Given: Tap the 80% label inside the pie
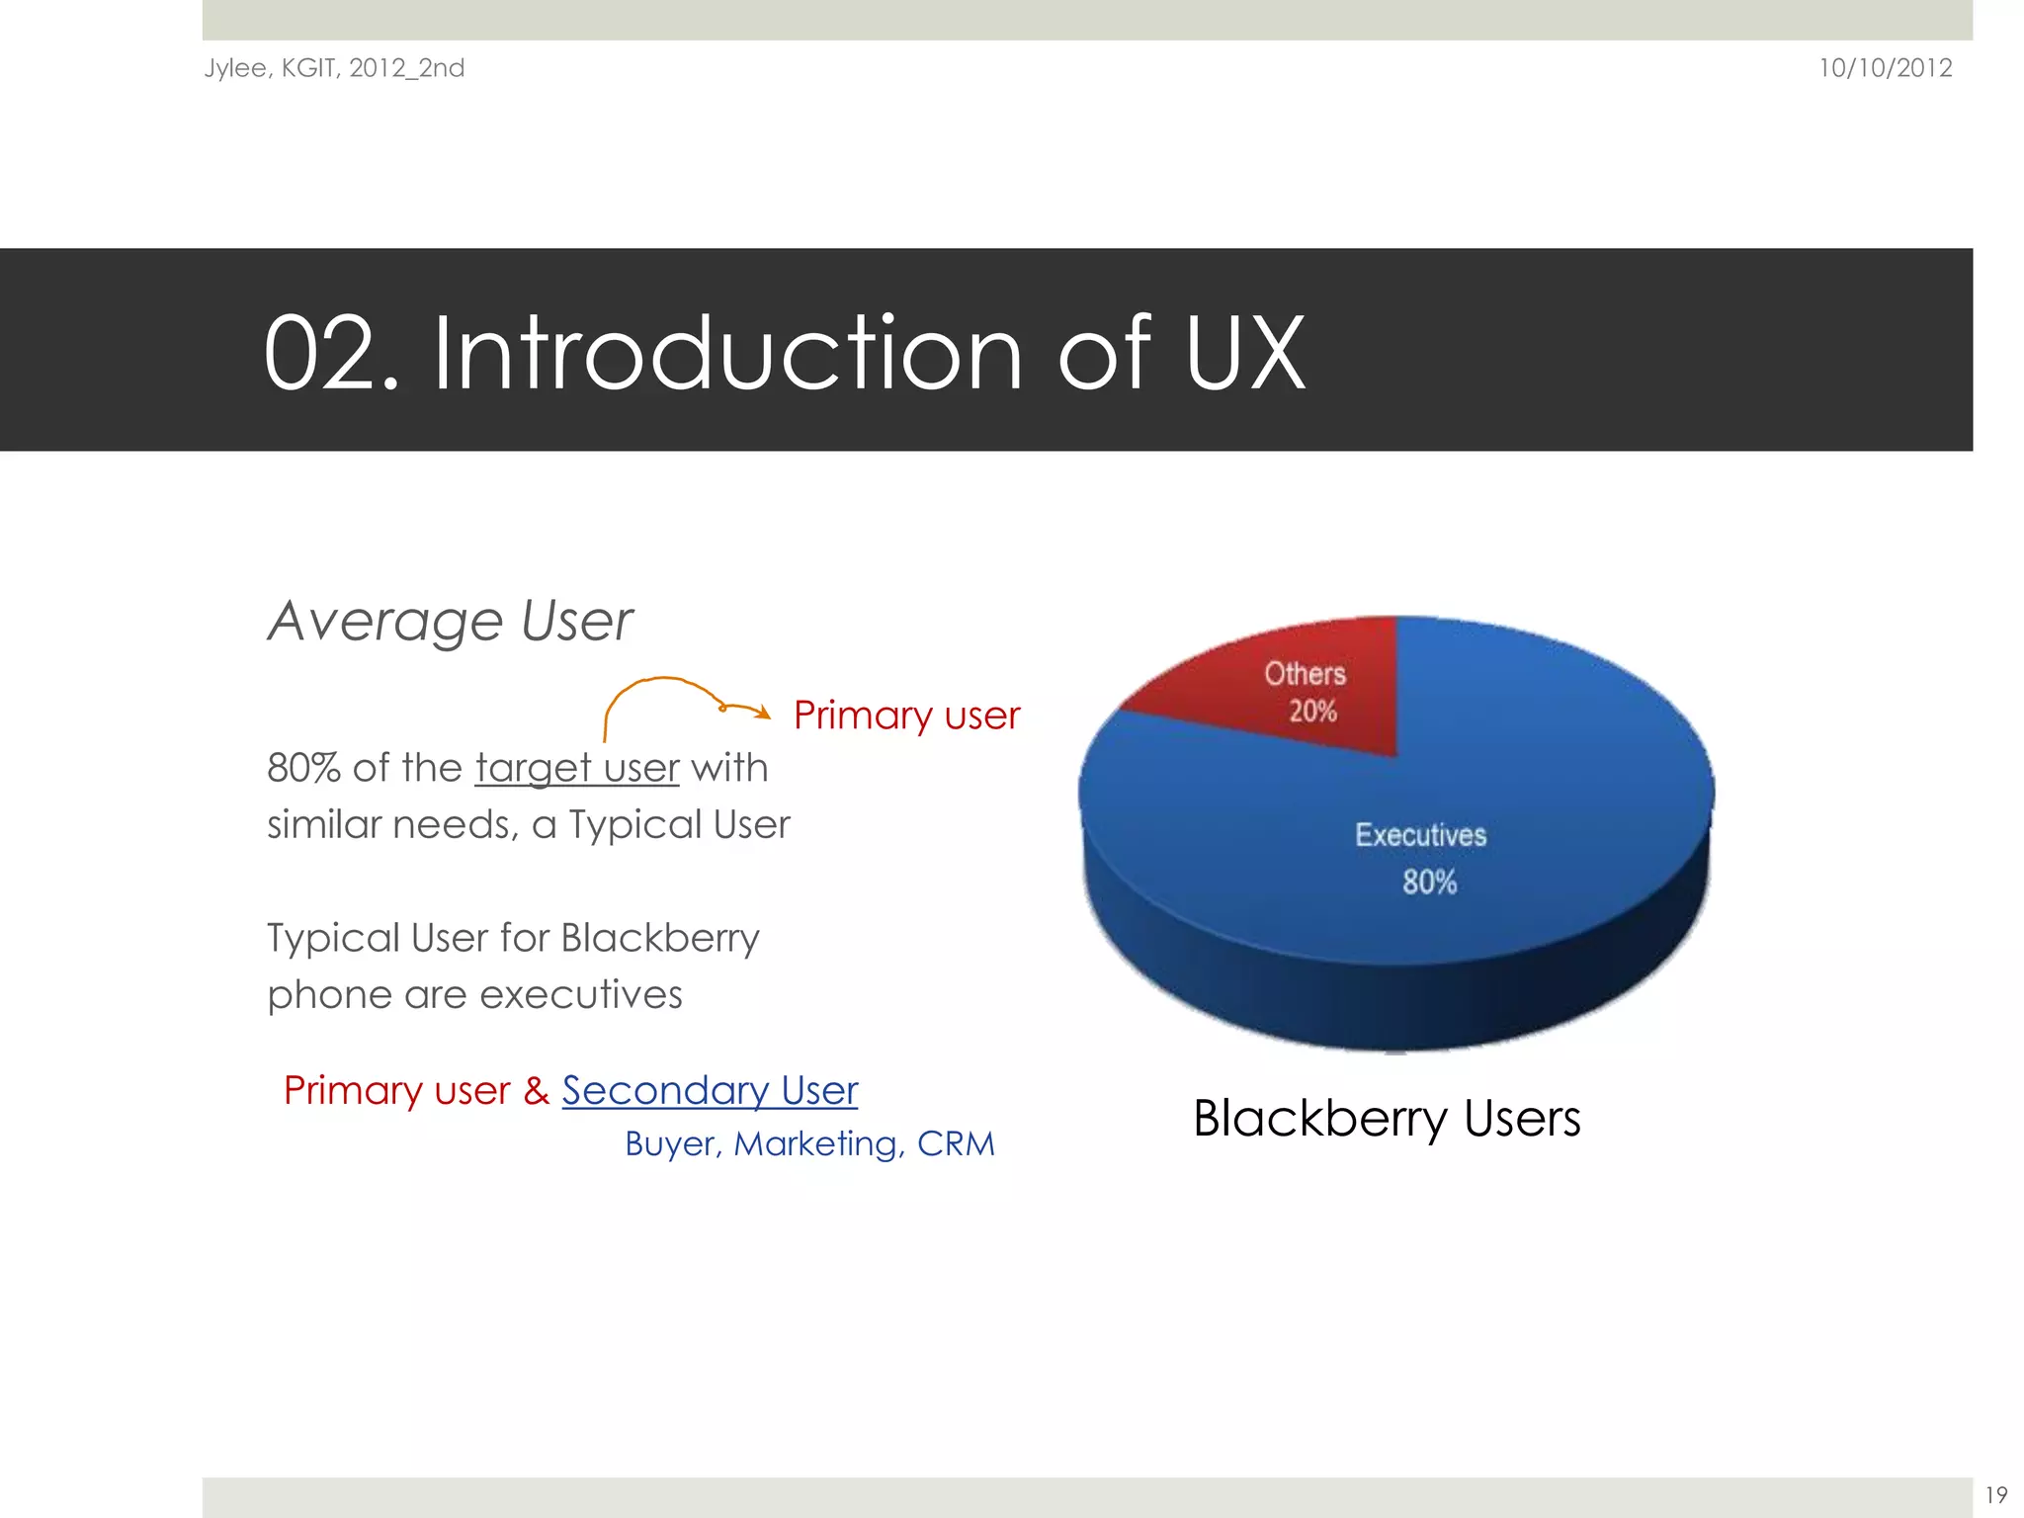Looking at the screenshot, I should (x=1429, y=882).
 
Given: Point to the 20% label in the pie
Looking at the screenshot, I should (x=1312, y=711).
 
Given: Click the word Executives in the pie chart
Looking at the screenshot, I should (x=1420, y=835).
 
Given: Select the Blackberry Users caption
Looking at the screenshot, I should (x=1387, y=1119).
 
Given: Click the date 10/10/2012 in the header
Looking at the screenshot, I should (x=1885, y=68).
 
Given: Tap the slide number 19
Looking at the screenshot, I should (x=1995, y=1494).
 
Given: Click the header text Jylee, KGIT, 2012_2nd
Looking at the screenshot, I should (x=334, y=68).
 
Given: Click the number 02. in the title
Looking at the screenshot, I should (x=331, y=353).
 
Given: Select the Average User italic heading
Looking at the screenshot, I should (x=450, y=621).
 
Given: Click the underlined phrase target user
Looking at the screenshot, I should (x=577, y=768).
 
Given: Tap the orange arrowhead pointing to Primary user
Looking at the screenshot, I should (x=762, y=712).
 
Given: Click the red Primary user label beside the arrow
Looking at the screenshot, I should (x=906, y=715).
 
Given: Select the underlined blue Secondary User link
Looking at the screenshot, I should (x=710, y=1090).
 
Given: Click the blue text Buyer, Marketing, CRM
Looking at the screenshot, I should (x=809, y=1143).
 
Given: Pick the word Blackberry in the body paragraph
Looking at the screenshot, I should (x=660, y=938).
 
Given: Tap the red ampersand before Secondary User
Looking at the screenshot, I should (x=536, y=1090).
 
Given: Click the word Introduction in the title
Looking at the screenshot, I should (x=727, y=353).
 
